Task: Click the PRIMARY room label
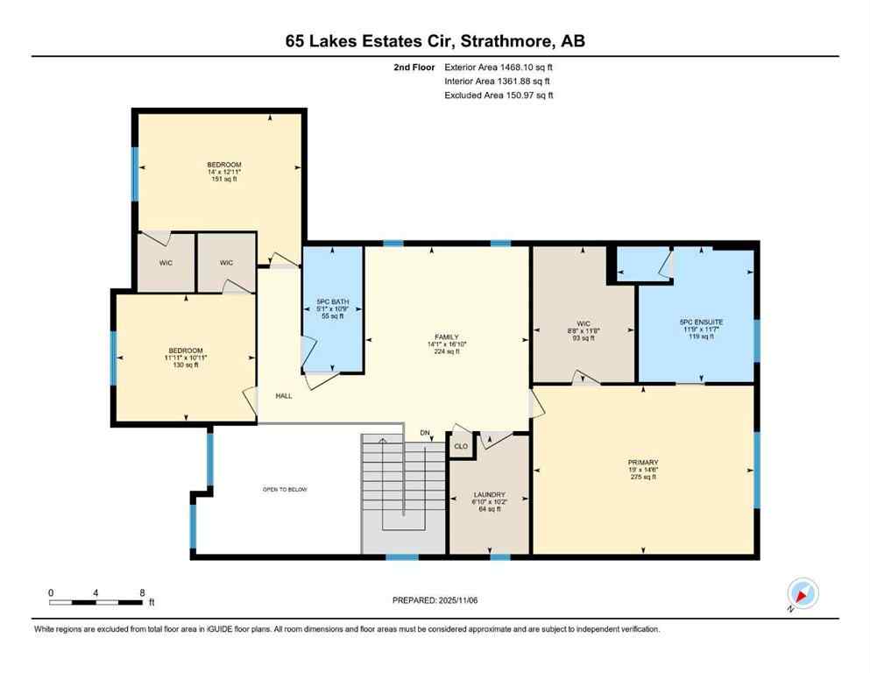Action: [x=643, y=462]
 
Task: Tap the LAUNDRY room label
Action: [x=489, y=495]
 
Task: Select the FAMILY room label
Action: [x=447, y=336]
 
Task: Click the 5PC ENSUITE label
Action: [x=697, y=322]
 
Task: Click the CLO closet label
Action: [x=460, y=446]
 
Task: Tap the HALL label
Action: [x=283, y=396]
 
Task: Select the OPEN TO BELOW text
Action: [x=286, y=489]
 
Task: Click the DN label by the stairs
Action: [x=425, y=433]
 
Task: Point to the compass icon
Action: [x=803, y=594]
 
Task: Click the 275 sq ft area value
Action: [x=643, y=477]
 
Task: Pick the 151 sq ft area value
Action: [x=224, y=179]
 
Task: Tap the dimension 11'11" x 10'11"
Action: [x=184, y=358]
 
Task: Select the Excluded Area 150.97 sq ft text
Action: [x=499, y=95]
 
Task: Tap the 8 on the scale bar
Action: [x=143, y=592]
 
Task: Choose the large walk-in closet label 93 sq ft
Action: [x=584, y=337]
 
